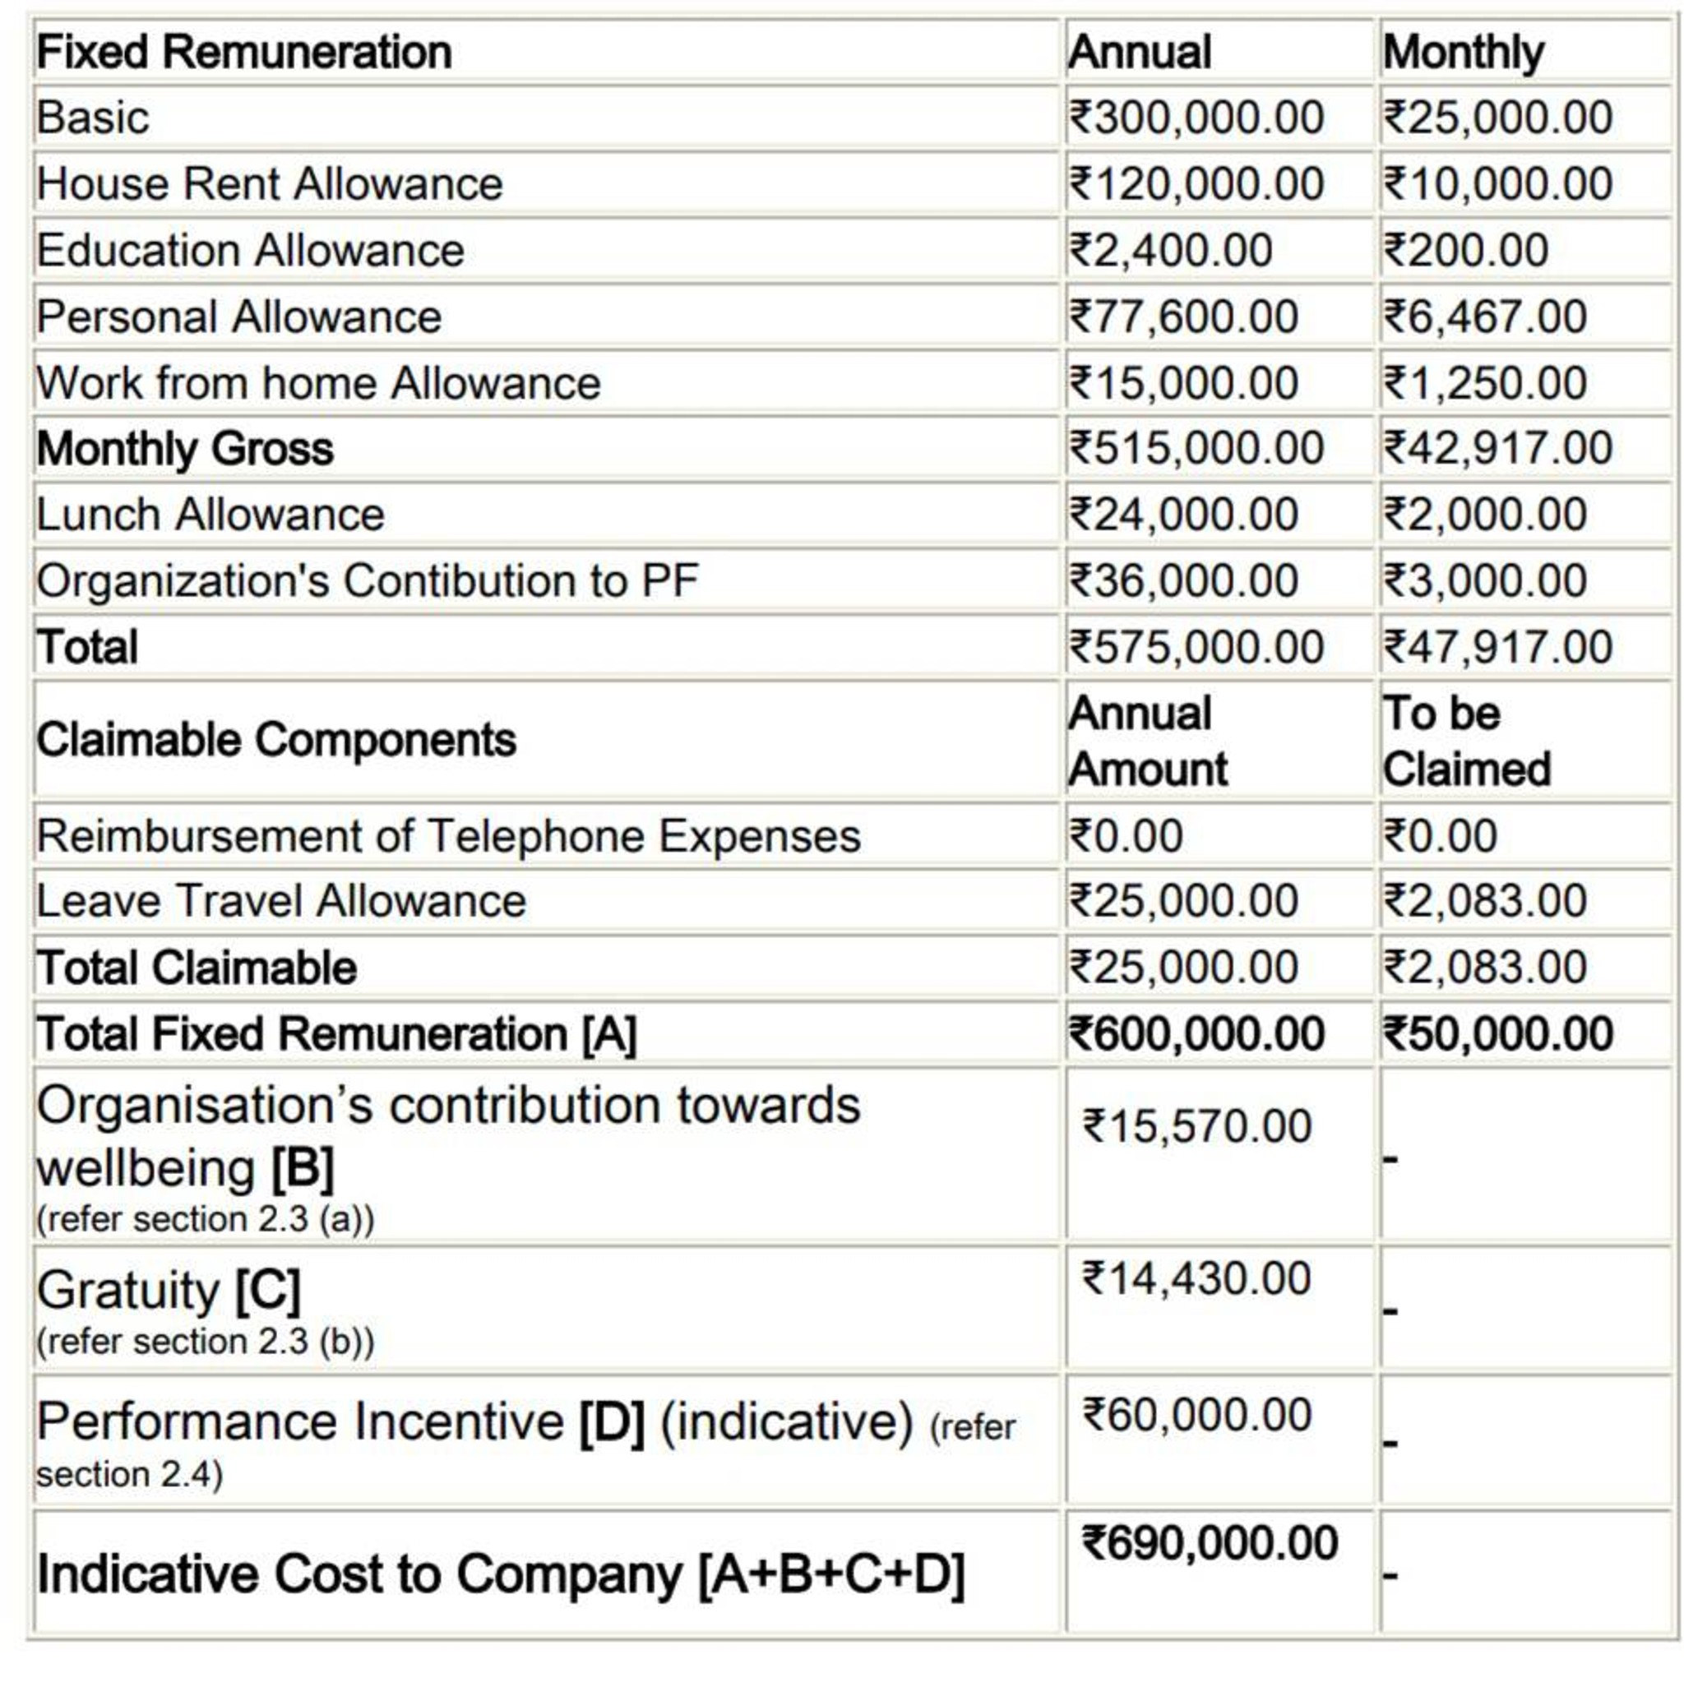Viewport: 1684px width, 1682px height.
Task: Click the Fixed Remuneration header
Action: [244, 53]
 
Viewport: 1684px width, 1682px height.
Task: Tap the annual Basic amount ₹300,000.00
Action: [1196, 118]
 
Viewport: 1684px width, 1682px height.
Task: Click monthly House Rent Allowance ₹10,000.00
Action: [1497, 184]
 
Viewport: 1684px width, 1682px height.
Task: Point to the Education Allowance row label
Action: [250, 250]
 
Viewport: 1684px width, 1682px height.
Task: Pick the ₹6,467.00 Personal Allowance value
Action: [1483, 317]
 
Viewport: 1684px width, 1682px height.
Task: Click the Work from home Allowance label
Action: [318, 382]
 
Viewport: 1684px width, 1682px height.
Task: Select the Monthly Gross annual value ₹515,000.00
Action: [1196, 448]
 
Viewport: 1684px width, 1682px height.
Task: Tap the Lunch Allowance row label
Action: [210, 514]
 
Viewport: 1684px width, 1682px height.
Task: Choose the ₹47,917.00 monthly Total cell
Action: [1497, 647]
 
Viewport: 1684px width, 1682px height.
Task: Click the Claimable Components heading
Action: [275, 740]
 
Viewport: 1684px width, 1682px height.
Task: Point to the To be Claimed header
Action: [1466, 741]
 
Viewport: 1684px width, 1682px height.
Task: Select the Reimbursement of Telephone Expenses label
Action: [448, 836]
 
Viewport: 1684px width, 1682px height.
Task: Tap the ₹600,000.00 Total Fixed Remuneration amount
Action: [1196, 1034]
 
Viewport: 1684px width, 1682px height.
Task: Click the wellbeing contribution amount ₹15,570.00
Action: [1196, 1126]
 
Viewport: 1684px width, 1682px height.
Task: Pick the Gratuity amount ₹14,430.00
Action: [1196, 1278]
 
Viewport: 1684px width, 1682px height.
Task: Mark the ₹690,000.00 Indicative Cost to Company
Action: [1209, 1543]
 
